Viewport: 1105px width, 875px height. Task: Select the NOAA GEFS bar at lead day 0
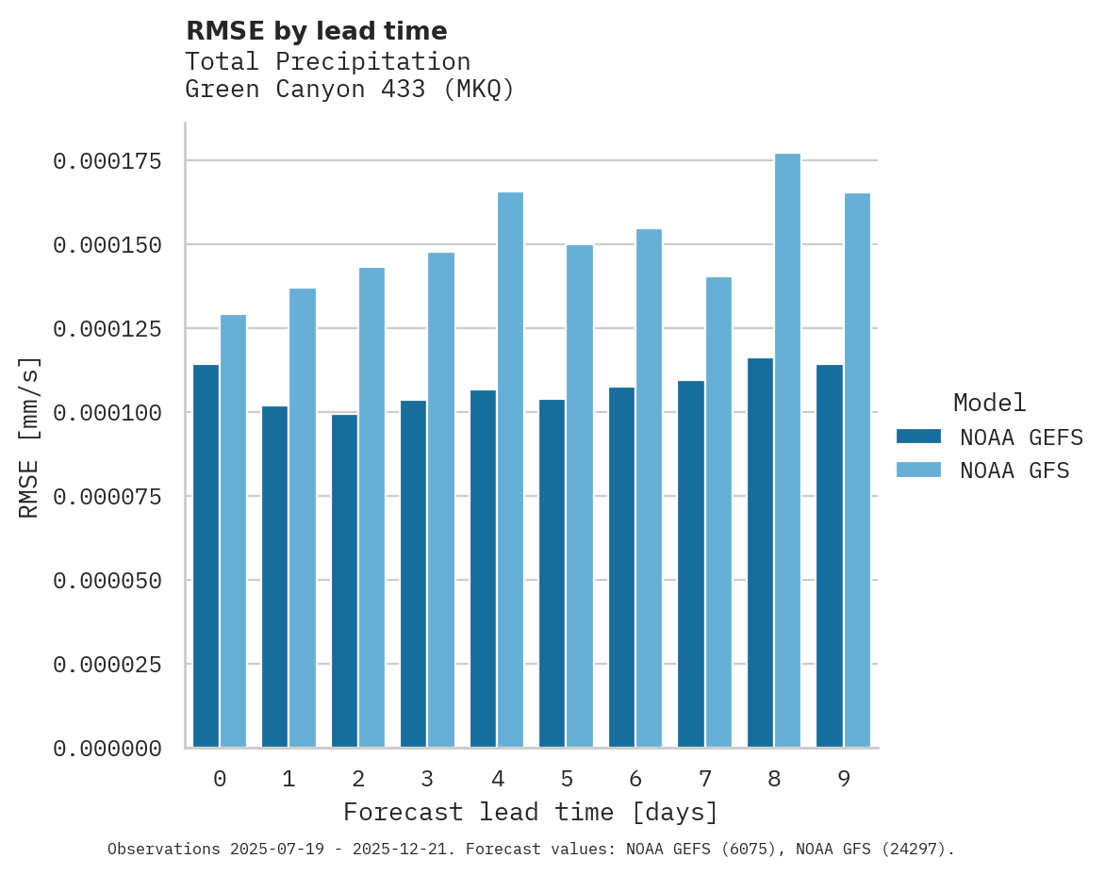click(x=206, y=556)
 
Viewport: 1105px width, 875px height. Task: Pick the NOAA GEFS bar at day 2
click(x=344, y=581)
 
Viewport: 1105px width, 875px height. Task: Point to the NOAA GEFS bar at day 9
click(x=830, y=556)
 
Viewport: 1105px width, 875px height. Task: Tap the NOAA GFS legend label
click(x=1014, y=471)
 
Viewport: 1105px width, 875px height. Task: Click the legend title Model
click(x=989, y=403)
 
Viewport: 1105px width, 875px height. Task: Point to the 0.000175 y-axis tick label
click(x=107, y=161)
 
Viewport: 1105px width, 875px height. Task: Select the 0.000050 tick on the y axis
click(x=107, y=581)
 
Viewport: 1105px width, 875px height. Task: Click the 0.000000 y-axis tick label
click(x=107, y=749)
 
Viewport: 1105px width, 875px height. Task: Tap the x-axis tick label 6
click(x=635, y=779)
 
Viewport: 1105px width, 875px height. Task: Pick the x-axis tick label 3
click(x=427, y=779)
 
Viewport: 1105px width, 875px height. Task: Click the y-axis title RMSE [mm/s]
click(x=29, y=437)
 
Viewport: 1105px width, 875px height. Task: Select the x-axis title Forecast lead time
click(x=531, y=812)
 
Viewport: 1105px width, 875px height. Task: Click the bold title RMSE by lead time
click(x=316, y=31)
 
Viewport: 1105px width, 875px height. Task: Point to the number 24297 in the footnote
click(x=912, y=850)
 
